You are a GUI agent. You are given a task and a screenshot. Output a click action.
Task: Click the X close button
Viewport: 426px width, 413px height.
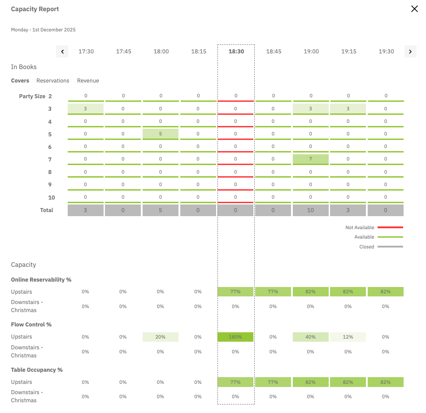click(414, 9)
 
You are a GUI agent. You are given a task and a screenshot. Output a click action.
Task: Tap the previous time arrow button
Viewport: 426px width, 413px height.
click(62, 52)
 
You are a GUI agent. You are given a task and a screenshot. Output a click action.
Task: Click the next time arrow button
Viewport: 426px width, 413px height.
click(410, 52)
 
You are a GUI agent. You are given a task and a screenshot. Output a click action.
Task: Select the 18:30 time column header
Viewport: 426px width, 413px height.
click(236, 52)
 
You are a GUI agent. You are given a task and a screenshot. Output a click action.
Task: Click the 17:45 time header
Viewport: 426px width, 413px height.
click(124, 52)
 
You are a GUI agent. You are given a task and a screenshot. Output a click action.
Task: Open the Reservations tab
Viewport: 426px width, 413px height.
click(53, 81)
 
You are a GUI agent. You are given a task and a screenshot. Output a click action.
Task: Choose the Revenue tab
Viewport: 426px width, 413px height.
click(88, 81)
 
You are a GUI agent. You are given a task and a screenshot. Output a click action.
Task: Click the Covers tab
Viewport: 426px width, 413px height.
click(20, 81)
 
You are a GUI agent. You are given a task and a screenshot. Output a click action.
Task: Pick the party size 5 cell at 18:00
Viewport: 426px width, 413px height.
click(161, 134)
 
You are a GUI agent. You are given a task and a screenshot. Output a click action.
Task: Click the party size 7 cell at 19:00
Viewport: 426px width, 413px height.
click(311, 159)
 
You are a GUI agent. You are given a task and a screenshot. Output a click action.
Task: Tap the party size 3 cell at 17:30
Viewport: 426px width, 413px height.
click(85, 109)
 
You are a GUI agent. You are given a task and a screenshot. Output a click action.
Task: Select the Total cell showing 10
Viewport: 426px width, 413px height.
click(311, 210)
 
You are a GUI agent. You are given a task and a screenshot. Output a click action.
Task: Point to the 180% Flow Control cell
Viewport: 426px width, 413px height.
click(235, 337)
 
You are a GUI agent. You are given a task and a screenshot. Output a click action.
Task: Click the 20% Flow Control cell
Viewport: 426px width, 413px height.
click(161, 337)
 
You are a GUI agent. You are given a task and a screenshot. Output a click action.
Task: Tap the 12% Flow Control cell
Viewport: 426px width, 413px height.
click(348, 337)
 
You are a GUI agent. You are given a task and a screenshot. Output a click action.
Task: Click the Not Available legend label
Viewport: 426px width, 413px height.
click(360, 227)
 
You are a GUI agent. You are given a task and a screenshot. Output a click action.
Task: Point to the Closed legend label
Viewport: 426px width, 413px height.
click(367, 247)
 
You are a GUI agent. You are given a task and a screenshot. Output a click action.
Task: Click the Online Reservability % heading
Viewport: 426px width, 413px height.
click(41, 279)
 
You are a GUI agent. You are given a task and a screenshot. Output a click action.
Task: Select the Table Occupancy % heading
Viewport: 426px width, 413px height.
click(37, 370)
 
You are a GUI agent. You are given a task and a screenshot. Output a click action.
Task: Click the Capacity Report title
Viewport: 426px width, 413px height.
click(35, 9)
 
